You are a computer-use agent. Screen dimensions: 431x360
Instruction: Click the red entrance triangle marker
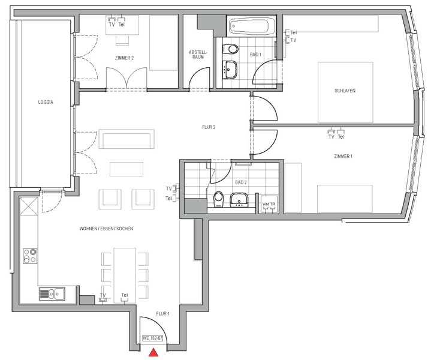point(153,353)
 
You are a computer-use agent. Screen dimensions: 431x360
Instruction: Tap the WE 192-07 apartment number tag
point(153,338)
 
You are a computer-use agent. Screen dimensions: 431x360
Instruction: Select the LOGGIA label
point(46,102)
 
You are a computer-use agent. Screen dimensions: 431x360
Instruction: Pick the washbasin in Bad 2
point(239,200)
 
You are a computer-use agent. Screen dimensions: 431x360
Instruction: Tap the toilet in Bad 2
point(219,199)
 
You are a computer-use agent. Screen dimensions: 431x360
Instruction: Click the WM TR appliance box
point(269,205)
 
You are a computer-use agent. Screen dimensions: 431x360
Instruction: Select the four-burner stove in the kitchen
point(30,256)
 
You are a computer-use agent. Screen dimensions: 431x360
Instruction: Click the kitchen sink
point(52,293)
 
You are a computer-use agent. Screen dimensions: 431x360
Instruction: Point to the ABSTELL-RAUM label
point(198,55)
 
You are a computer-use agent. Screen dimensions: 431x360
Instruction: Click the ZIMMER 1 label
point(343,157)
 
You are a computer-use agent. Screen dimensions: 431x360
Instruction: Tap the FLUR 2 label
point(209,127)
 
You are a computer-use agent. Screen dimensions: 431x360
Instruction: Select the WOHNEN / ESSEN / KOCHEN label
point(106,229)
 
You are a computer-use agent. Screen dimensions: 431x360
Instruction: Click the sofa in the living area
point(126,139)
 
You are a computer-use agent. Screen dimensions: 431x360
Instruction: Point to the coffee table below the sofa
point(126,169)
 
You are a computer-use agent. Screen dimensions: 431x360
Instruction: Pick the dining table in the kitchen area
point(125,275)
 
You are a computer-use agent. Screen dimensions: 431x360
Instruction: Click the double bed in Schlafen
point(345,92)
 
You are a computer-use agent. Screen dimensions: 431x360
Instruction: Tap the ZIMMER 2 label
point(125,58)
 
